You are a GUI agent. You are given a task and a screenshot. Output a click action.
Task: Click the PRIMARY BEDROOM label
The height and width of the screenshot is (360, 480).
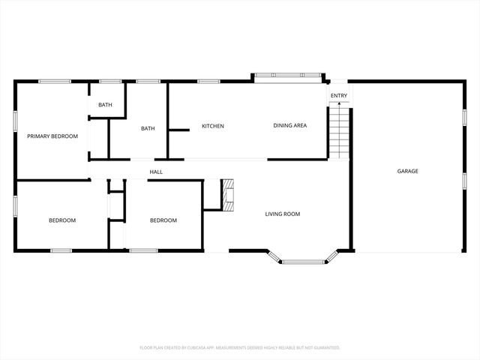coord(52,136)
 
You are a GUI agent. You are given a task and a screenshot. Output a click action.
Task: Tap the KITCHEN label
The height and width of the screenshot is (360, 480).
coord(213,126)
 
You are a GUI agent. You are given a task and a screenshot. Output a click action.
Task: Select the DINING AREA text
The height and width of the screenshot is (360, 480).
coord(289,126)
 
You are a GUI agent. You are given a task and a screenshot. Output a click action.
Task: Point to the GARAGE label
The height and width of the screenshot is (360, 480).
coord(408,171)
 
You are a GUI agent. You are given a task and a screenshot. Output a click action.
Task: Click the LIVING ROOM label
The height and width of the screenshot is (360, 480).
coord(282,214)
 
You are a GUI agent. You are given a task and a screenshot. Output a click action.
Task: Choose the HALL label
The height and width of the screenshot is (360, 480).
coord(156,172)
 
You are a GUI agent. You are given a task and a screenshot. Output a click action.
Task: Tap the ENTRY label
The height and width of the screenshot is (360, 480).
coord(339,95)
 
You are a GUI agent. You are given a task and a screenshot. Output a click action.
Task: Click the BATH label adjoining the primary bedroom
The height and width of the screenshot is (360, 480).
coord(105,105)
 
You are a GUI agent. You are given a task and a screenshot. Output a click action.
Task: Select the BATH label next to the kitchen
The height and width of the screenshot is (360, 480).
coord(148,128)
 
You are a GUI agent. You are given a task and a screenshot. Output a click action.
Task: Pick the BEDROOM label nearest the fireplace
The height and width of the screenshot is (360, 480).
coord(163,220)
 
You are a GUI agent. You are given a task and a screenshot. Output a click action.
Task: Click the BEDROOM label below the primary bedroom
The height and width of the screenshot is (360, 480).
coord(62,220)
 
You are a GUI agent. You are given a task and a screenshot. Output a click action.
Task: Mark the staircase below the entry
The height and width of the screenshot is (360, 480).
coord(340,131)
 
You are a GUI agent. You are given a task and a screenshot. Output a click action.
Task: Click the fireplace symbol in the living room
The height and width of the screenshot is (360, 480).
coord(227,194)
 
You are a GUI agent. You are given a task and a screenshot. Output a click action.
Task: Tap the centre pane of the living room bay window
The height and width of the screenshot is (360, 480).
coord(303,262)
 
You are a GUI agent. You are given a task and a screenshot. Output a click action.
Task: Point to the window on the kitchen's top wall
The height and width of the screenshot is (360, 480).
coord(208,81)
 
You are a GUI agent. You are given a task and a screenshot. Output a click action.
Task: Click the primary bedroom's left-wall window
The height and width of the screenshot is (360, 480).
coord(16,121)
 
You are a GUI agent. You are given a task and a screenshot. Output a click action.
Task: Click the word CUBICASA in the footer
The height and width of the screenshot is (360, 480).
coord(215,348)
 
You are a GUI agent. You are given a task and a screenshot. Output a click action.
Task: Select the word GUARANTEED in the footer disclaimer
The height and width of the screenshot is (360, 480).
coord(324,348)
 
